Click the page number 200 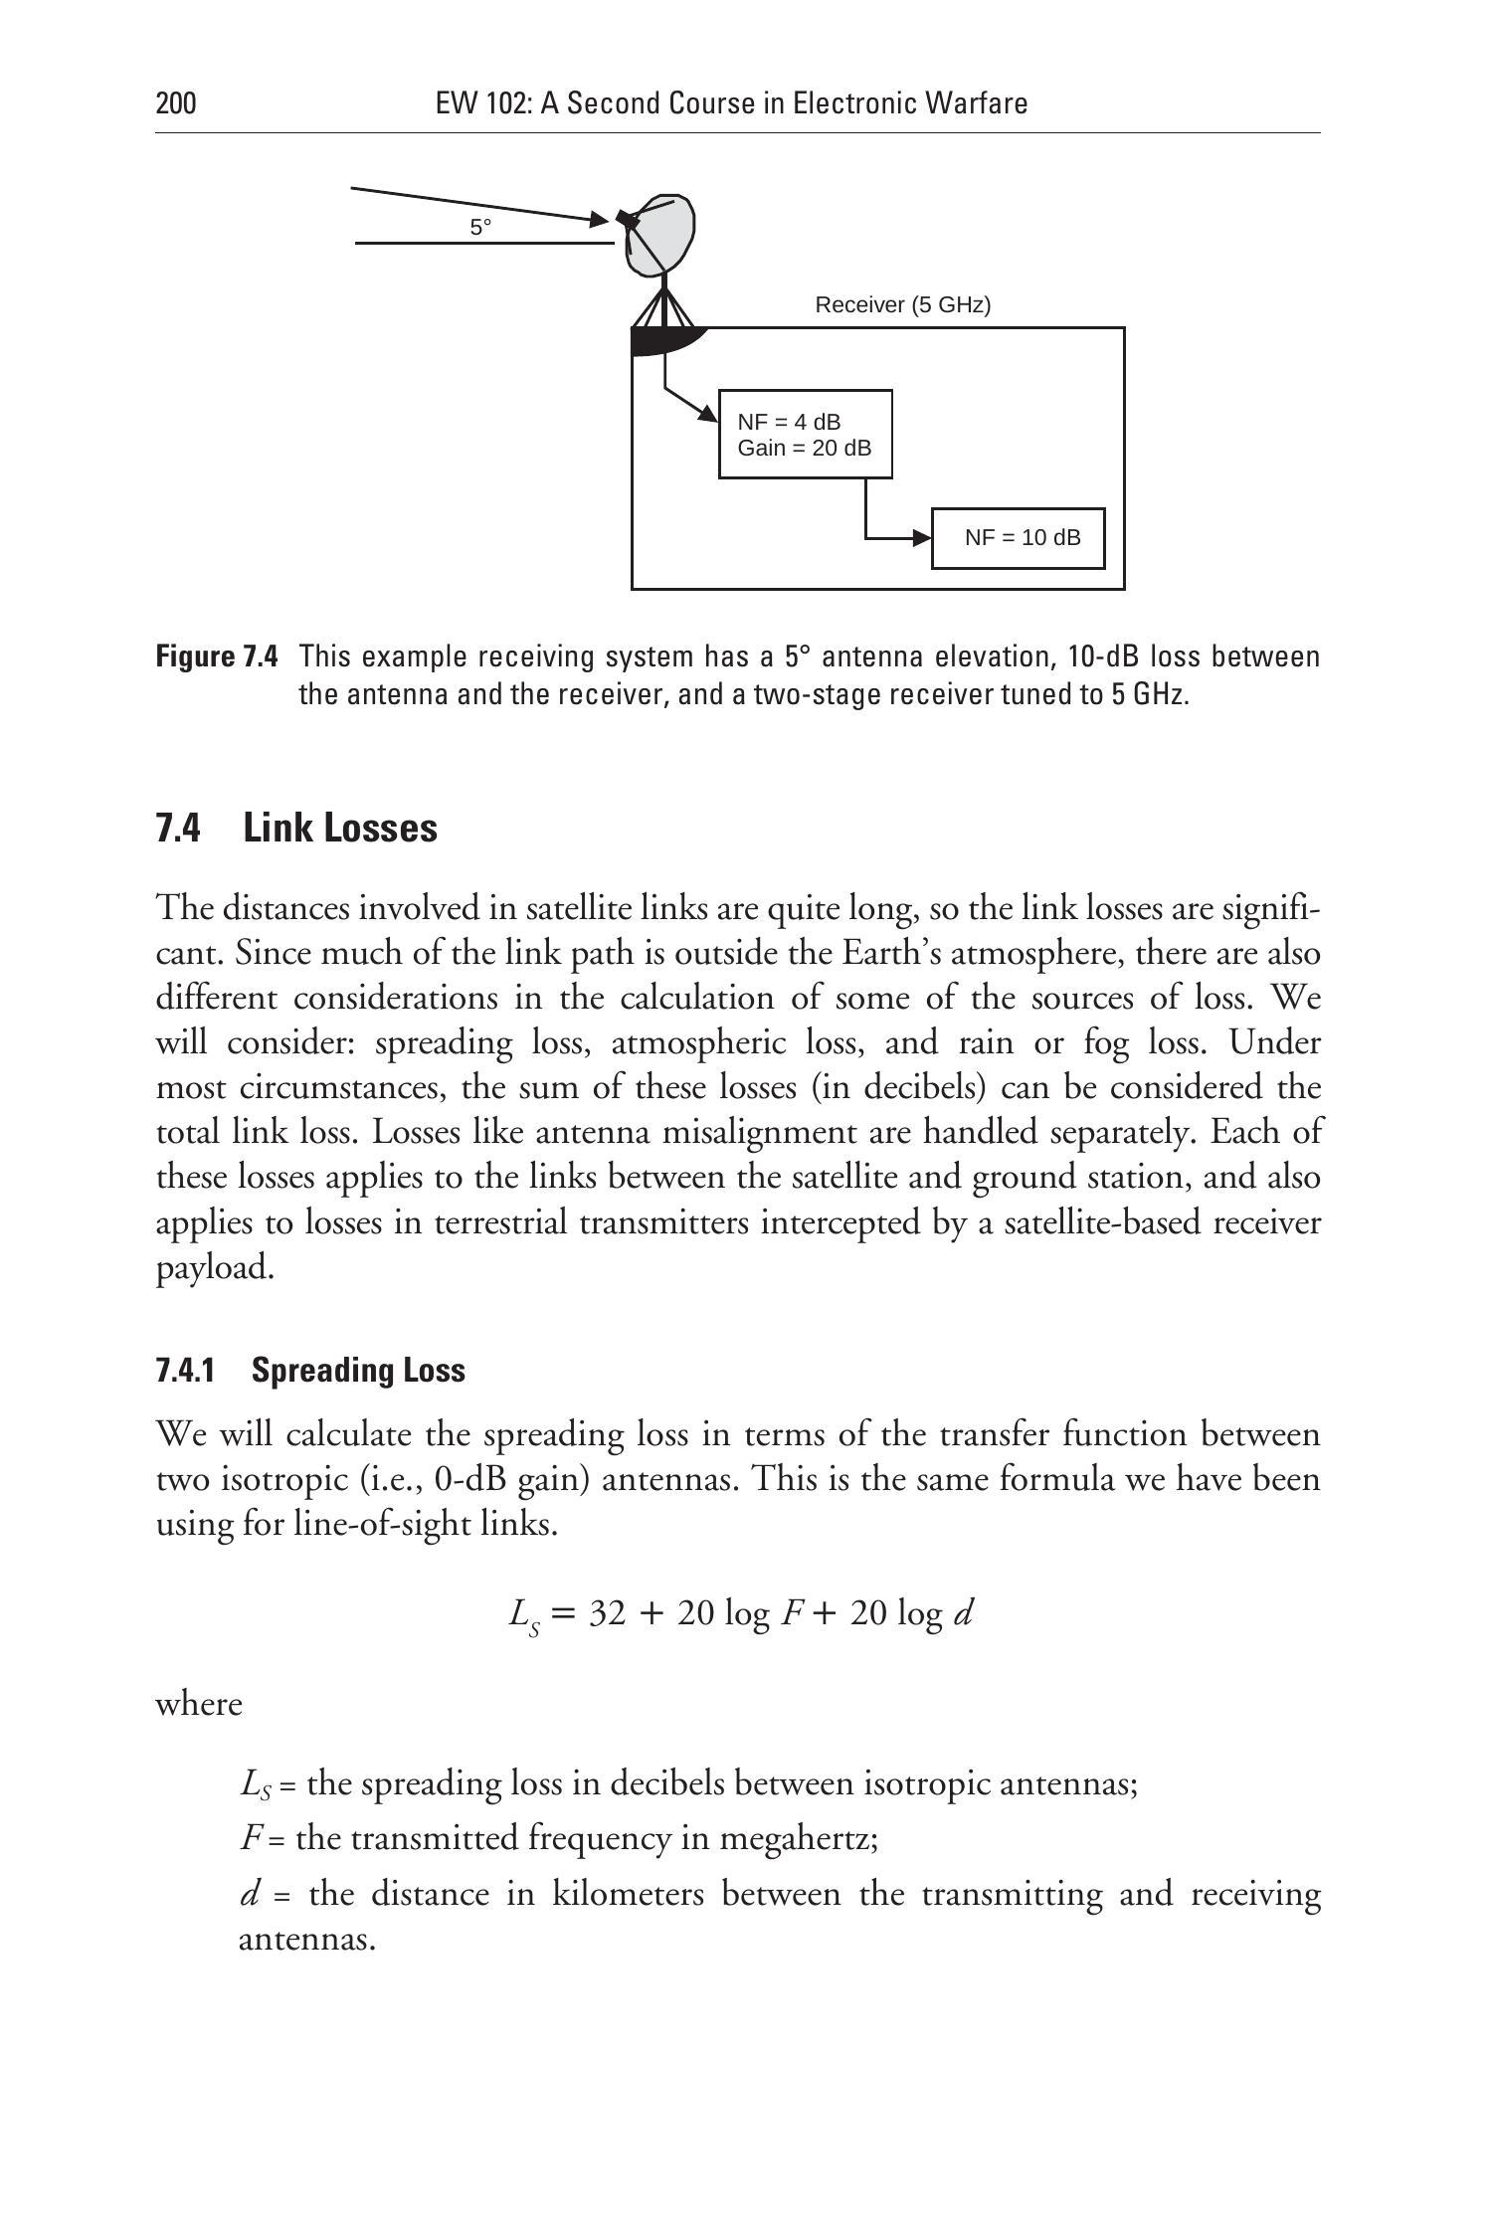(x=176, y=103)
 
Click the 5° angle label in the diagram (x=480, y=228)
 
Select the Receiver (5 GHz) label (x=902, y=305)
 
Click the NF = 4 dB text (x=789, y=422)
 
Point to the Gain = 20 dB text (x=804, y=448)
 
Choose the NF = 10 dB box (x=1018, y=538)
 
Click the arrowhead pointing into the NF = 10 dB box (x=921, y=538)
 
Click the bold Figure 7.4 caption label (x=218, y=657)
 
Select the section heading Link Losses (x=339, y=828)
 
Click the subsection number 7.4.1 (x=185, y=1371)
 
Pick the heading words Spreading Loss (x=358, y=1371)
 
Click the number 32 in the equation (x=608, y=1612)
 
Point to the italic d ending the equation (x=962, y=1612)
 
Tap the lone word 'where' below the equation (x=199, y=1704)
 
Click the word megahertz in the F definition (x=798, y=1837)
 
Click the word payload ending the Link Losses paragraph (x=214, y=1268)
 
